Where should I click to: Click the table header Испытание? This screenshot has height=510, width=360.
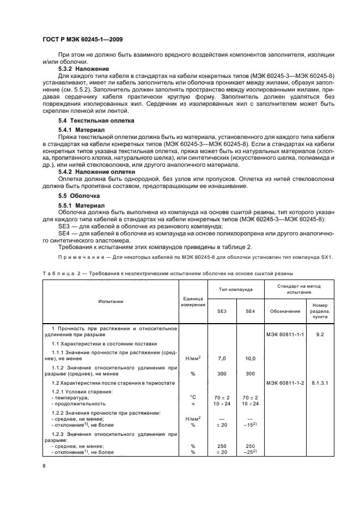click(111, 301)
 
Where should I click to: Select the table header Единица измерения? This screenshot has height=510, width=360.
click(192, 301)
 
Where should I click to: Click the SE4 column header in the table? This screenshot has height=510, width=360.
click(250, 311)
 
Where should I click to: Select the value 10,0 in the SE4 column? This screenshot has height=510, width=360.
click(250, 359)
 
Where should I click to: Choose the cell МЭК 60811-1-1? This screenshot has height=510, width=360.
click(285, 334)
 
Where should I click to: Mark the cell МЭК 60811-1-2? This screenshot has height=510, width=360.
click(285, 383)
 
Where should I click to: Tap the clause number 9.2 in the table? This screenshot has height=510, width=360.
click(320, 334)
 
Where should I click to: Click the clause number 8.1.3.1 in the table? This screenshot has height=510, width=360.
click(320, 383)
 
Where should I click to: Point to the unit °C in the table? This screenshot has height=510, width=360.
click(192, 397)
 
